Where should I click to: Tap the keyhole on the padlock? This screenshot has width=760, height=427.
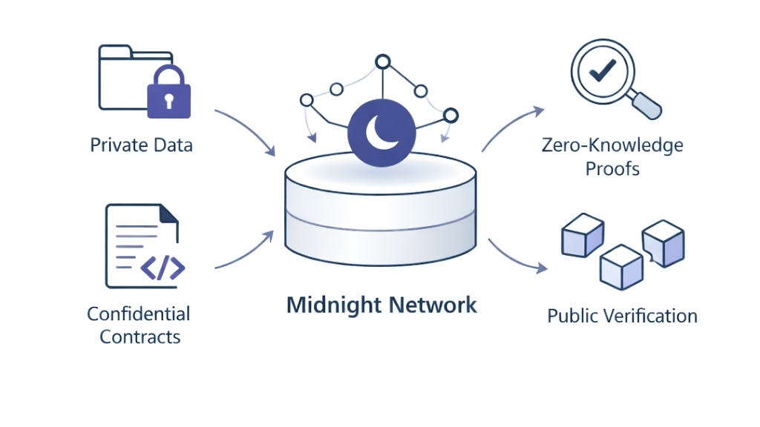[169, 99]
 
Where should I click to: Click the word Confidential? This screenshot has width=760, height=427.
[139, 314]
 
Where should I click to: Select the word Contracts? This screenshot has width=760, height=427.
[140, 337]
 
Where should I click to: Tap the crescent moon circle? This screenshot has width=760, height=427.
[381, 131]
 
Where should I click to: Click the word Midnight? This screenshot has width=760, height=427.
[334, 305]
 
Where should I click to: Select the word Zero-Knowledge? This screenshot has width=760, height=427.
[612, 145]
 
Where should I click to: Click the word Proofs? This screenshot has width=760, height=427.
[612, 168]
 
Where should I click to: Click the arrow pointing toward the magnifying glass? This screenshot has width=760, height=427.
[512, 126]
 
